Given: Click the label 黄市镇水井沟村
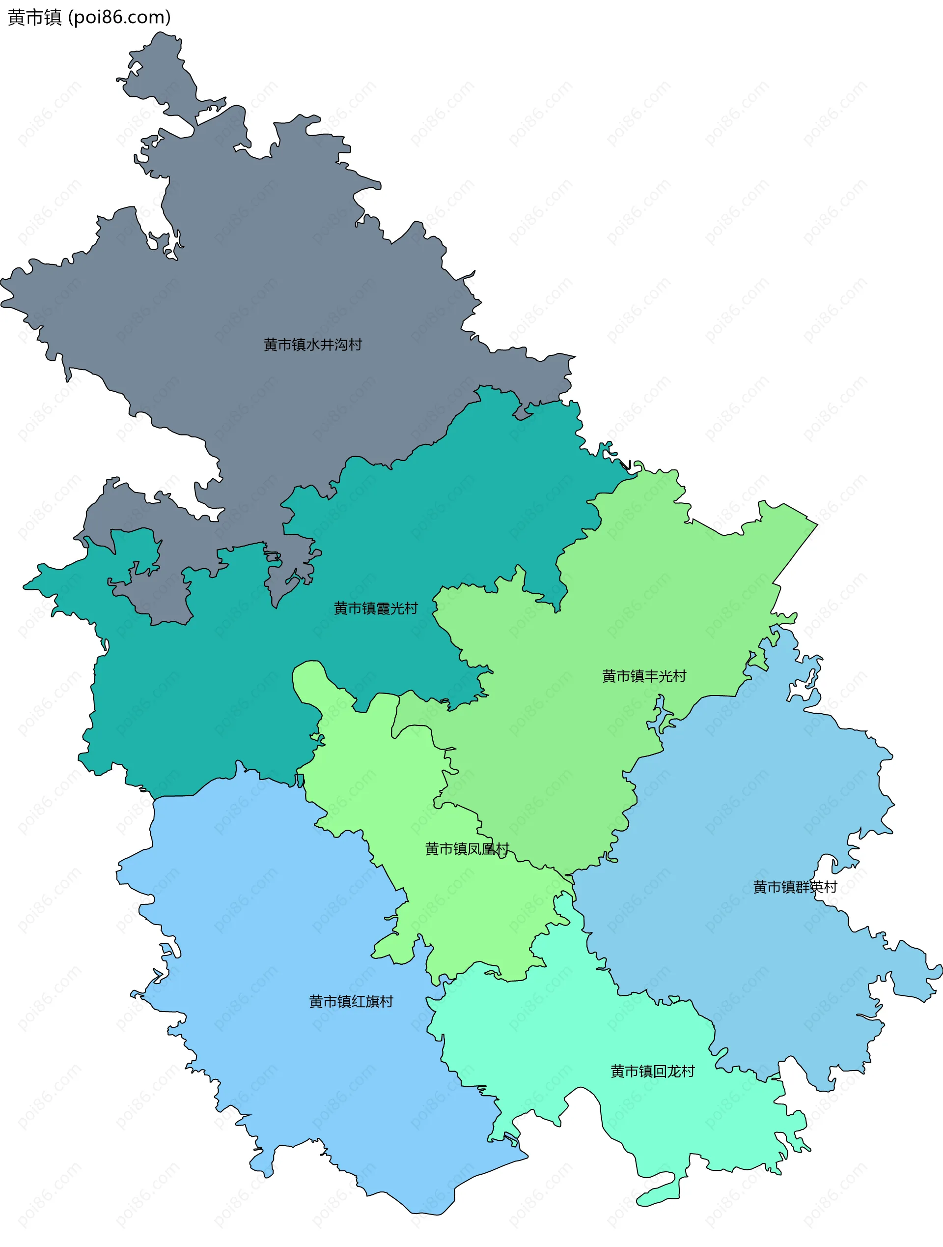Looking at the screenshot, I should click(313, 345).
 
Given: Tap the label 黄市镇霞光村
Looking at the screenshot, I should click(376, 609).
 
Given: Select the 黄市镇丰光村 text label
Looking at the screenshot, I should click(644, 676).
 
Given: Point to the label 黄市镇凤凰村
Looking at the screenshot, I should click(467, 849).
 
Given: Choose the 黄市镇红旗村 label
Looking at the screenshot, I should click(351, 1001).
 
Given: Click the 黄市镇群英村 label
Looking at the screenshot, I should click(795, 887).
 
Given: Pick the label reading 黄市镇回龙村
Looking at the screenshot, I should click(652, 1071).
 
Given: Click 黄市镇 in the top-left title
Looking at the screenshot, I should click(34, 18).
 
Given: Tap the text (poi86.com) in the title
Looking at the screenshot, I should click(119, 18).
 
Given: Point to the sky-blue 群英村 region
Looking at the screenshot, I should click(760, 789).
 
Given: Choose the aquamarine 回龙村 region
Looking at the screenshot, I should click(563, 1043).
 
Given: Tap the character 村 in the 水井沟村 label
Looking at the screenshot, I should click(355, 345).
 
